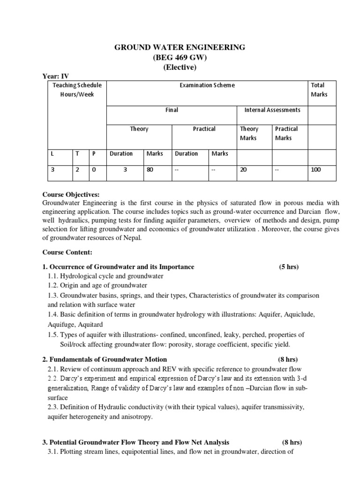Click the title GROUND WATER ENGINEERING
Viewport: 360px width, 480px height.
[180, 47]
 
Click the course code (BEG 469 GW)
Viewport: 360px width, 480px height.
[180, 57]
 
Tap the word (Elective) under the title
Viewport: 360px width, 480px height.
[180, 67]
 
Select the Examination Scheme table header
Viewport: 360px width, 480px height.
[207, 85]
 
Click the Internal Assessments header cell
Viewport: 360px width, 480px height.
[272, 110]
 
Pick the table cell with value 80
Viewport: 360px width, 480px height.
[150, 169]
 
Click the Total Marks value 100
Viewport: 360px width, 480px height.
[315, 169]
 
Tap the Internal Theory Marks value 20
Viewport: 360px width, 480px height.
[243, 169]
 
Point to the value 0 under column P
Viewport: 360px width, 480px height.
[94, 169]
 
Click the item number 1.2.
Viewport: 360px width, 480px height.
[54, 285]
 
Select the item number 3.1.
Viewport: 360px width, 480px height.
[54, 452]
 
